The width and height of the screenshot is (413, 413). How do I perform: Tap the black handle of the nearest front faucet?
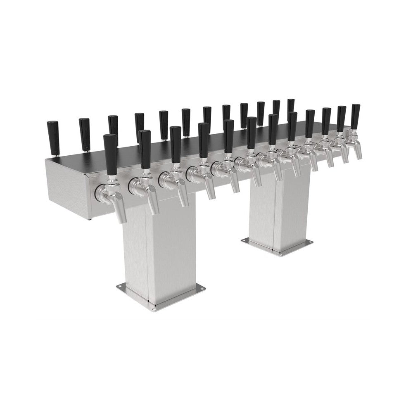(x=110, y=154)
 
